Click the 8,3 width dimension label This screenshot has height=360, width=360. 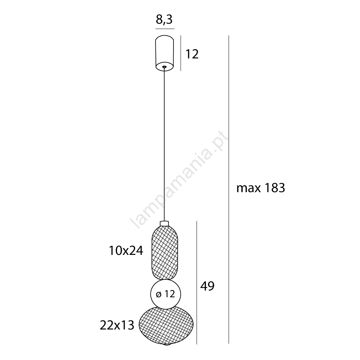click(164, 20)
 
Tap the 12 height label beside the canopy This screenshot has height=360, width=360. click(192, 54)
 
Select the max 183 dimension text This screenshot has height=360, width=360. click(261, 188)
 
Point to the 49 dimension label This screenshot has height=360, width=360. click(207, 286)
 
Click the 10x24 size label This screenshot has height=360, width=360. click(126, 251)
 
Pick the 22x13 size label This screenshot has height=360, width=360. click(117, 325)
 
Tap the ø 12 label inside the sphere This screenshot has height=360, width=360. click(166, 294)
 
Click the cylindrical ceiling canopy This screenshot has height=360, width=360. click(165, 53)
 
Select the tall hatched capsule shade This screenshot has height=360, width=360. click(165, 253)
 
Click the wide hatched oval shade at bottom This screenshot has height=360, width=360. click(166, 324)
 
